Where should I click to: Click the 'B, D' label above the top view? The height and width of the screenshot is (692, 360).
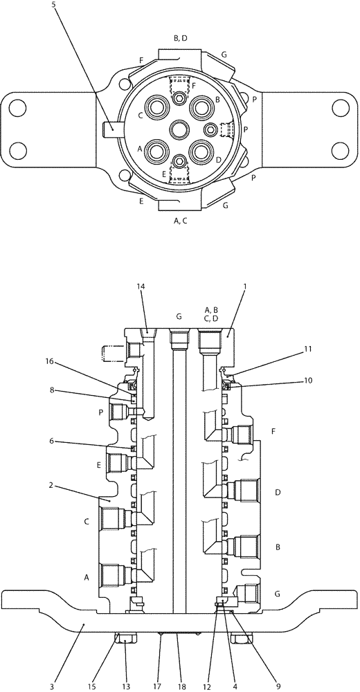click(x=179, y=38)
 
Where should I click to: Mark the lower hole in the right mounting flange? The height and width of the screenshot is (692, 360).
click(x=339, y=149)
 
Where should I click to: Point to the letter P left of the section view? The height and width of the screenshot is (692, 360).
click(x=102, y=412)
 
